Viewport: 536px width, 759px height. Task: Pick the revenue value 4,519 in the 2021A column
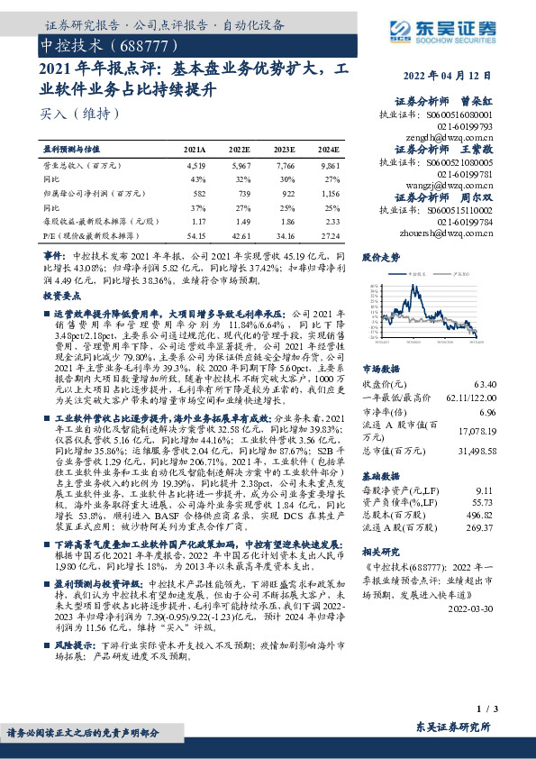pos(195,167)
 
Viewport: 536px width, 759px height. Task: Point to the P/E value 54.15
pos(195,235)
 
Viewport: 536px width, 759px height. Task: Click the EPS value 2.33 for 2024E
pos(331,221)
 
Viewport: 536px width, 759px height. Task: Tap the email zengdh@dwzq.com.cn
pos(460,139)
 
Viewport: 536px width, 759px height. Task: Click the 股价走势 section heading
pos(380,258)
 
